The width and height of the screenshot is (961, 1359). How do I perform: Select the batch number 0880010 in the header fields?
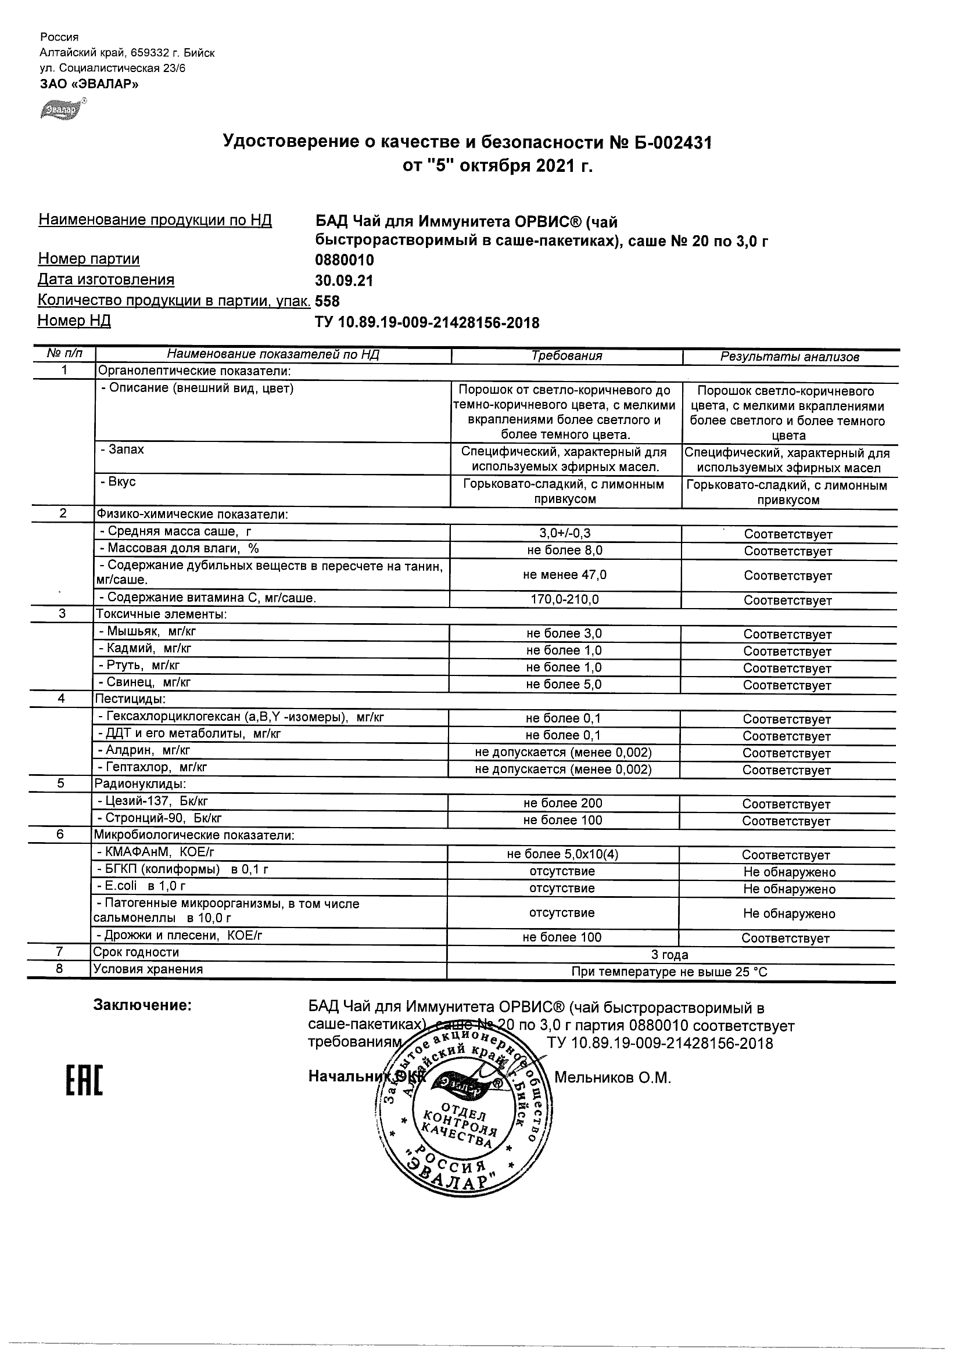click(x=344, y=260)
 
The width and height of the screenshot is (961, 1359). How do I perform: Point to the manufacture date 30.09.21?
click(x=344, y=281)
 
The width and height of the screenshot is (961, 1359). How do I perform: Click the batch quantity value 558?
click(x=328, y=301)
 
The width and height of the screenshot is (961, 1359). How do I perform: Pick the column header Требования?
click(x=566, y=356)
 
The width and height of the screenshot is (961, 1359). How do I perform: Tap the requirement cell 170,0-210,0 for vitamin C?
click(x=564, y=599)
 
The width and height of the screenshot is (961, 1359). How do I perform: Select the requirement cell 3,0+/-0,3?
click(x=564, y=533)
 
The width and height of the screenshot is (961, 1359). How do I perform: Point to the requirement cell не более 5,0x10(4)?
click(x=562, y=854)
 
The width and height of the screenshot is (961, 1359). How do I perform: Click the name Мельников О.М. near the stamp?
click(x=612, y=1077)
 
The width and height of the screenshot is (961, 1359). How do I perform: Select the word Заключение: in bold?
click(x=143, y=1005)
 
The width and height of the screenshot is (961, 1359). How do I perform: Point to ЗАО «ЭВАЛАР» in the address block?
click(x=89, y=84)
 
